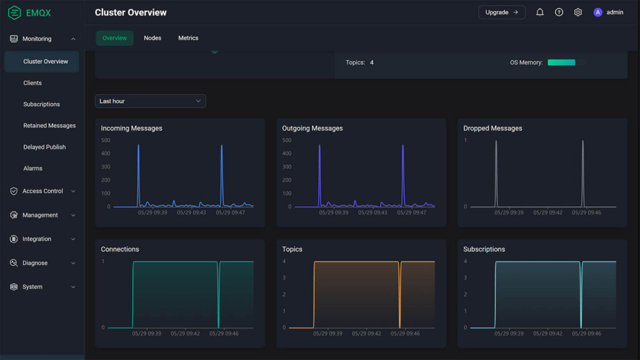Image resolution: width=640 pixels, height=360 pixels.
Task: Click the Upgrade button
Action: click(x=501, y=12)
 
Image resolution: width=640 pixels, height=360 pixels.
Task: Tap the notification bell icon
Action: click(x=540, y=12)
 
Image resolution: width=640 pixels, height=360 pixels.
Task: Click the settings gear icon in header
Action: click(x=578, y=12)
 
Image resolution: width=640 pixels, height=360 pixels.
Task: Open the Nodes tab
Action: click(x=152, y=38)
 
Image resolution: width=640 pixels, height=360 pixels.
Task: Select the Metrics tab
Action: click(x=188, y=38)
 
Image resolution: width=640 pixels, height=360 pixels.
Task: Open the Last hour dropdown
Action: click(x=150, y=101)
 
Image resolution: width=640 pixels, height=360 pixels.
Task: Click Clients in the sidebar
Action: click(x=32, y=83)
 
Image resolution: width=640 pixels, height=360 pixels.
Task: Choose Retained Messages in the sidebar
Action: click(x=49, y=126)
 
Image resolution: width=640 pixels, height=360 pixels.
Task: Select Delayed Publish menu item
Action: click(x=44, y=147)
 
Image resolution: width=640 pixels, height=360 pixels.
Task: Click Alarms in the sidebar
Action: click(x=33, y=168)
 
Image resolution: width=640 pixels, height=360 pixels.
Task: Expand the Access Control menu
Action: click(x=42, y=191)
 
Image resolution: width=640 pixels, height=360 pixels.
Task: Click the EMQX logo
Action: click(x=30, y=12)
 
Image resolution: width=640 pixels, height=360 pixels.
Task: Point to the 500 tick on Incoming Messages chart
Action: click(x=106, y=140)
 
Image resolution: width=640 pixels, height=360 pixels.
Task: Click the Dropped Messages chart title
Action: click(x=492, y=129)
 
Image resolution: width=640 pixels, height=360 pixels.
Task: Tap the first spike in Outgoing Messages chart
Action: click(x=319, y=147)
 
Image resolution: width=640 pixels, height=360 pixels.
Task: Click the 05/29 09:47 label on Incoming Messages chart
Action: click(x=231, y=212)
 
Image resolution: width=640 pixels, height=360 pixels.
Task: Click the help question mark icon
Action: click(x=559, y=12)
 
